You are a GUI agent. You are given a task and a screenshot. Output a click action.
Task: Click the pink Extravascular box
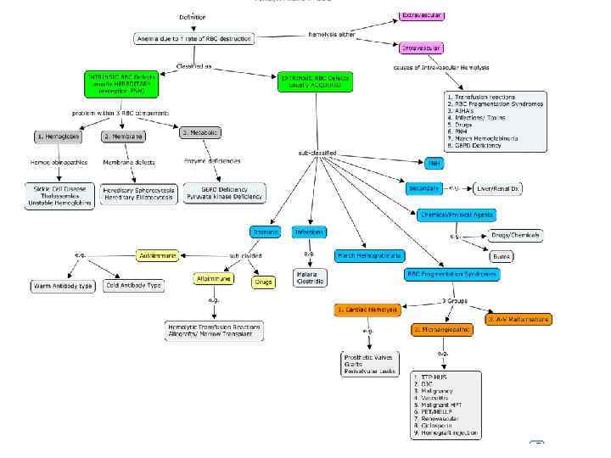(422, 16)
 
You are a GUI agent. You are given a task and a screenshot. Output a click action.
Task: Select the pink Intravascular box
(421, 48)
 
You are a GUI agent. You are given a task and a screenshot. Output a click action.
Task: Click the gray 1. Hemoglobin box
(59, 137)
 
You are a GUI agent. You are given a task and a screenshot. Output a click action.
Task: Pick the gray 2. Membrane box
(123, 137)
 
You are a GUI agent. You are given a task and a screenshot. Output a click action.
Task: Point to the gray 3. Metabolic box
(199, 133)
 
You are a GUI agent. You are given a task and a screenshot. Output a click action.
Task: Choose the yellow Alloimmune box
(213, 278)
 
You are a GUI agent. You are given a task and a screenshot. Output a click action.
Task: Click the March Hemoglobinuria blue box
(370, 255)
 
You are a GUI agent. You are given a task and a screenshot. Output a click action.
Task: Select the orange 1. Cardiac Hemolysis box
(367, 310)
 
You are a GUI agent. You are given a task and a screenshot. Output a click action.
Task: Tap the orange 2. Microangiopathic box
(441, 329)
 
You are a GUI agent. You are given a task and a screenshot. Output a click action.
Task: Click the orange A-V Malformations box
(518, 319)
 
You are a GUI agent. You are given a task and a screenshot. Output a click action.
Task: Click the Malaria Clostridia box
(307, 277)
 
